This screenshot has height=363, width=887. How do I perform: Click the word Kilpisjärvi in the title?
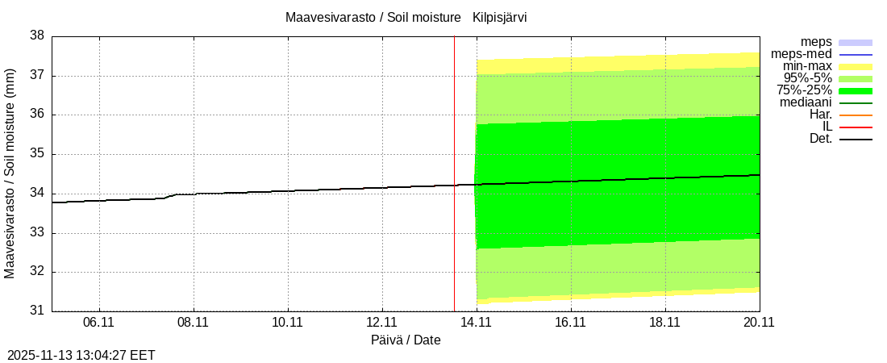pyautogui.click(x=499, y=17)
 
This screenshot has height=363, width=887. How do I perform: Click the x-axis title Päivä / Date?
pyautogui.click(x=406, y=340)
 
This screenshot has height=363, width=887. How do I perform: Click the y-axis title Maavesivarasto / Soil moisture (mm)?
pyautogui.click(x=10, y=173)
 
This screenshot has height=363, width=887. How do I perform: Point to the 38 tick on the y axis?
pyautogui.click(x=37, y=36)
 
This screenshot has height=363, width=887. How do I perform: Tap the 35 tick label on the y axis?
pyautogui.click(x=37, y=154)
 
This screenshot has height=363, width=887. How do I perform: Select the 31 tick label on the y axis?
pyautogui.click(x=37, y=311)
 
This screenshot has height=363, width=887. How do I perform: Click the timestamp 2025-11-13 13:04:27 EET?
pyautogui.click(x=81, y=355)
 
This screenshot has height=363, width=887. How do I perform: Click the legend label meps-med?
pyautogui.click(x=802, y=54)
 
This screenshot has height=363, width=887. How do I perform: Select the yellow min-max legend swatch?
pyautogui.click(x=856, y=66)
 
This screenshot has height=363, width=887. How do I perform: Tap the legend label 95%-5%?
pyautogui.click(x=804, y=78)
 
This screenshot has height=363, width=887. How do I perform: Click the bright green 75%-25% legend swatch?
pyautogui.click(x=856, y=90)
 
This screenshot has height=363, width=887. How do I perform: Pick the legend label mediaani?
pyautogui.click(x=806, y=102)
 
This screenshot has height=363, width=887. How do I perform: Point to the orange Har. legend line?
pyautogui.click(x=856, y=115)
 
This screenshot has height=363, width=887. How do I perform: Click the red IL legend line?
pyautogui.click(x=856, y=127)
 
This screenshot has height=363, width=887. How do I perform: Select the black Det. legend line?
pyautogui.click(x=856, y=140)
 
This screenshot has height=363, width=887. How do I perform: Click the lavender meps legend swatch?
pyautogui.click(x=856, y=42)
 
